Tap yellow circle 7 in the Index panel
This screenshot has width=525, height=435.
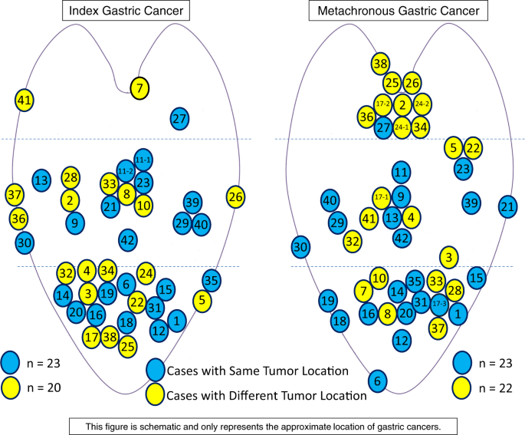(x=139, y=88)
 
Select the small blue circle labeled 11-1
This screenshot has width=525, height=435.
(x=143, y=159)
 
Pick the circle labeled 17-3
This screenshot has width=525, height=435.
(x=438, y=303)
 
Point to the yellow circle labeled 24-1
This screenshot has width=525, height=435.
(x=402, y=127)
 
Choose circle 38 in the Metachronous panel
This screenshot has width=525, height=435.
(x=380, y=64)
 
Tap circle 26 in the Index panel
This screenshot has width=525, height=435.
(x=236, y=197)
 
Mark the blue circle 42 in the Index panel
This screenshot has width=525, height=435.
(x=127, y=240)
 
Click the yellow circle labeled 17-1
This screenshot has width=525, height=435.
(x=382, y=197)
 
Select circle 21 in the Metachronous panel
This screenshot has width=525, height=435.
(x=507, y=206)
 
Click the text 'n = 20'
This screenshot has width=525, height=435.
(x=48, y=387)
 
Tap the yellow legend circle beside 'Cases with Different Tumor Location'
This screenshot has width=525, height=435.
(x=155, y=394)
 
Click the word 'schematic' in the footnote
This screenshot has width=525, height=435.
(x=227, y=424)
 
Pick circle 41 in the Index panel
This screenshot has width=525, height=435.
(x=25, y=100)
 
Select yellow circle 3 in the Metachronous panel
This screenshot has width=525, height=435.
(x=449, y=256)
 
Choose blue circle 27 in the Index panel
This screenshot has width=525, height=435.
(x=179, y=118)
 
